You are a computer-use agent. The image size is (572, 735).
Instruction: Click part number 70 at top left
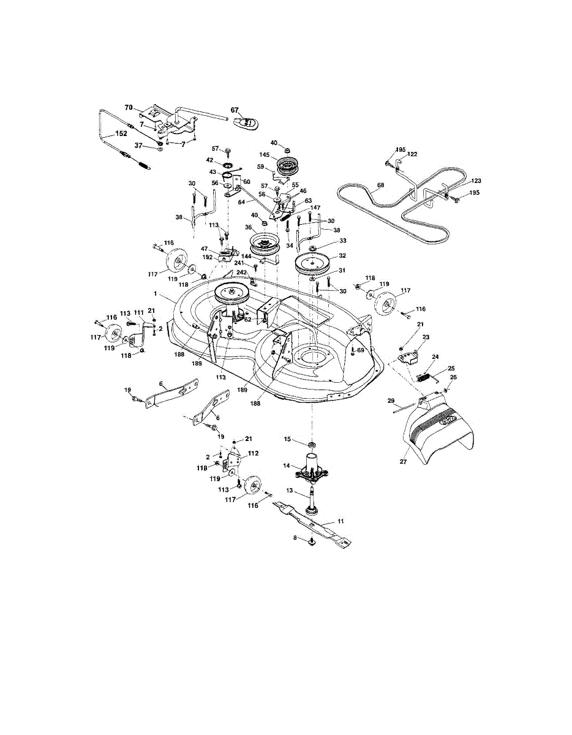(x=129, y=107)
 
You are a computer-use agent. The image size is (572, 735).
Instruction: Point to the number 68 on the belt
(x=380, y=185)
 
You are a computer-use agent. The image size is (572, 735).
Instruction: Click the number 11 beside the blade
(x=341, y=520)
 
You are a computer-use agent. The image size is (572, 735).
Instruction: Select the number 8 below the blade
(x=295, y=537)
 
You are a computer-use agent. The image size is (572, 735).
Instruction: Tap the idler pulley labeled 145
(x=285, y=165)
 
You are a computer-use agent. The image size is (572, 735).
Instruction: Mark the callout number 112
(x=254, y=454)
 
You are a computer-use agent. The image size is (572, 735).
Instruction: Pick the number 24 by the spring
(x=435, y=357)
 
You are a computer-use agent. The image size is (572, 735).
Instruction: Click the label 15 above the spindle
(x=287, y=439)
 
